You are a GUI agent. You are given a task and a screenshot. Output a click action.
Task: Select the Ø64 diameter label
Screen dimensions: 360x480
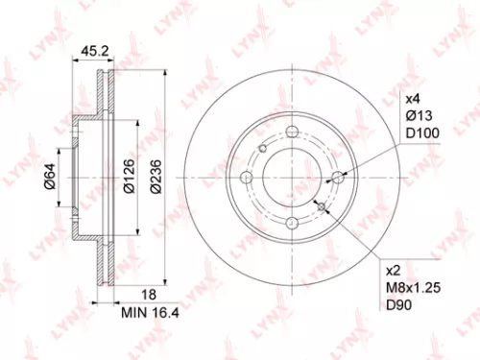(49, 180)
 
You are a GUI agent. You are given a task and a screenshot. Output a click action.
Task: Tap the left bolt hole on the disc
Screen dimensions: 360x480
(249, 179)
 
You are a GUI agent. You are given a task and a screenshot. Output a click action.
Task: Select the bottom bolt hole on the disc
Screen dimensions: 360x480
(294, 223)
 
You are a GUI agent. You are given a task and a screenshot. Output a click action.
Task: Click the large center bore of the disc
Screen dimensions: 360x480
(294, 180)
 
